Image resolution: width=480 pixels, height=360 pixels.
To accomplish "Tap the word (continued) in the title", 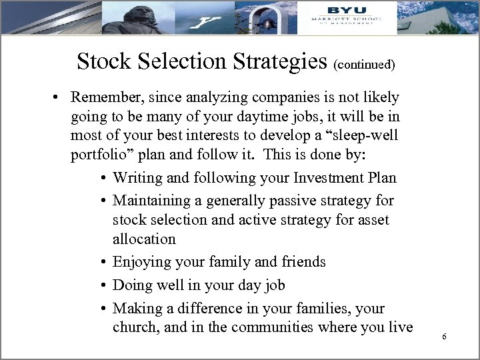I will click(365, 65).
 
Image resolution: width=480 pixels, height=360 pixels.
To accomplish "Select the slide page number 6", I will click(443, 338).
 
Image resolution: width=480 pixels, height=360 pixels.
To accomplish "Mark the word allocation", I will click(144, 239).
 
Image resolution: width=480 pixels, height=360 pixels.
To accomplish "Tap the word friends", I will click(304, 261).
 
